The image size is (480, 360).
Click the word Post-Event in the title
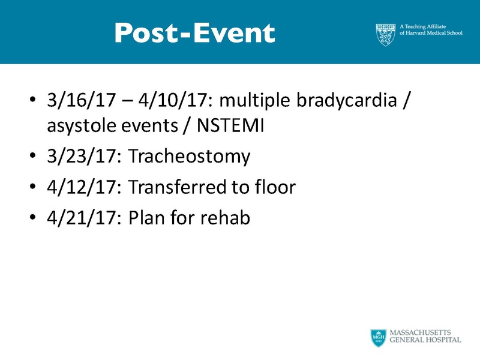click(x=194, y=33)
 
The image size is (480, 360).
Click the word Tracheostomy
click(x=189, y=157)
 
